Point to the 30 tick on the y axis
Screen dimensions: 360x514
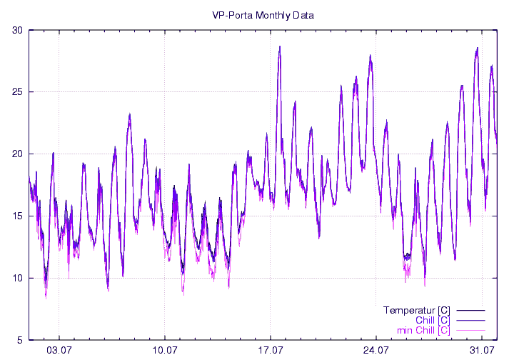pos(17,30)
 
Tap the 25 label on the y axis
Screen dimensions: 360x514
pos(17,92)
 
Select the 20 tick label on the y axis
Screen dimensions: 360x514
pos(17,154)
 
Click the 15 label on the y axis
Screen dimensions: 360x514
pos(17,216)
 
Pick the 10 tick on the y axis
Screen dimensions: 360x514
pos(17,279)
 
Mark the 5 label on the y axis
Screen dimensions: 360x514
pos(19,340)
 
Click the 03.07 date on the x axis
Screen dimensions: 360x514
pos(59,351)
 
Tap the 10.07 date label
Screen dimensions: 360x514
pos(165,351)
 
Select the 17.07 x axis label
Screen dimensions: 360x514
pos(271,351)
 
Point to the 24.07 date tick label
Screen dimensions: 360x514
pos(376,351)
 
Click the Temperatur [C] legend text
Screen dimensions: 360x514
pos(416,310)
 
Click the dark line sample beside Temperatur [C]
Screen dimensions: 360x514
pos(470,311)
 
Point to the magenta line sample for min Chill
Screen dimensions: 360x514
pos(470,331)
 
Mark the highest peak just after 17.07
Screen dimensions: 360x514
pos(280,47)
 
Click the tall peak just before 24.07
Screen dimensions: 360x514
pos(371,56)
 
